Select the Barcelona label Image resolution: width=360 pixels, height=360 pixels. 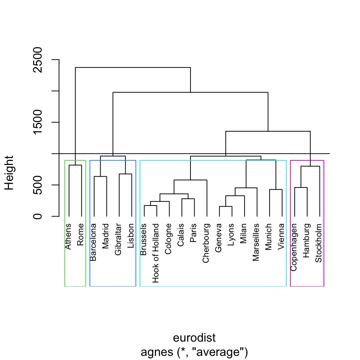93,242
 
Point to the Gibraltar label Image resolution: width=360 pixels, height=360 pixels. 118,240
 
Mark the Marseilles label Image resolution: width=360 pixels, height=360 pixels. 256,243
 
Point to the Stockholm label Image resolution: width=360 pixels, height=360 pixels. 319,243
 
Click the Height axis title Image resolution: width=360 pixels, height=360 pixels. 9,173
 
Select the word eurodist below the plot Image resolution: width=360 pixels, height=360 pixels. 194,338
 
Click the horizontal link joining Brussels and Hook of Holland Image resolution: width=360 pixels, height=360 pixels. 150,205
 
